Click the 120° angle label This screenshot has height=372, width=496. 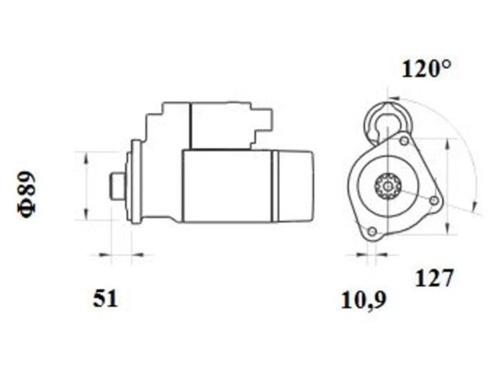point(427,69)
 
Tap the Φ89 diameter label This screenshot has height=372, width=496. point(27,195)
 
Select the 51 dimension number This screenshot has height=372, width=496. point(105,298)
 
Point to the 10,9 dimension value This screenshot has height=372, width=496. point(364,300)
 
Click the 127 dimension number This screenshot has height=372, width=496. point(434,278)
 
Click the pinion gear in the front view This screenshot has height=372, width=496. point(387,186)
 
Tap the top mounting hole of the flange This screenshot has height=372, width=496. point(404,141)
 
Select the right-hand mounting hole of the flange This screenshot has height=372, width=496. point(435,200)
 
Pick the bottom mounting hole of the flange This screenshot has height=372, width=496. point(373,231)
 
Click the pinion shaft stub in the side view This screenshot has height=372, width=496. point(117,186)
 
